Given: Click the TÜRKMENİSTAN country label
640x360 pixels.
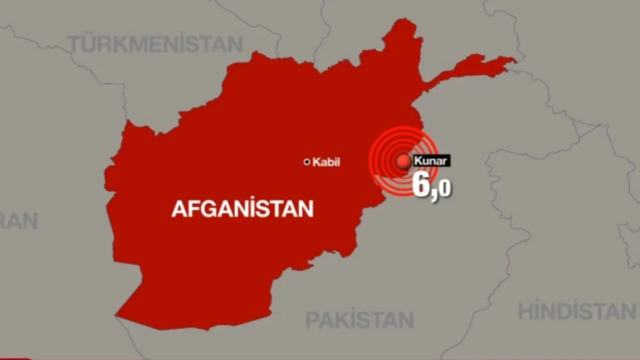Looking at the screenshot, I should click(155, 44).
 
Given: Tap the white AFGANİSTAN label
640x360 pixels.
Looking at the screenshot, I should click(242, 209).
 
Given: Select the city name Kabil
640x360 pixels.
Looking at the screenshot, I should click(326, 162).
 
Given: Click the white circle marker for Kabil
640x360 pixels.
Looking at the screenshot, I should click(307, 162).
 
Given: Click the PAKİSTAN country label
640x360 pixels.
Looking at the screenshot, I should click(359, 320).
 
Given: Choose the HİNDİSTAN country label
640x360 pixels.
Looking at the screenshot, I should click(577, 311).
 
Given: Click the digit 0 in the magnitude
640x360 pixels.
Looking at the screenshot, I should click(445, 189).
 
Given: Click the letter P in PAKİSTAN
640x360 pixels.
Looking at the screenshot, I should click(312, 320).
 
